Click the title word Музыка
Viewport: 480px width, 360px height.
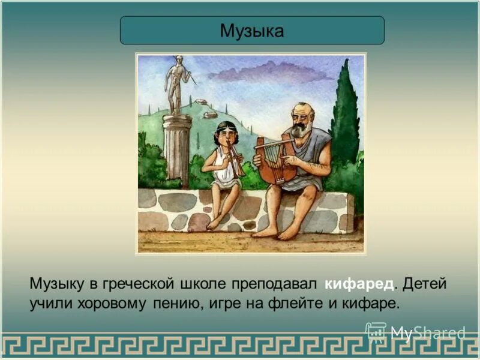[x=252, y=30]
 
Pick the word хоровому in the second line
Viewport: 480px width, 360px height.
[x=111, y=303]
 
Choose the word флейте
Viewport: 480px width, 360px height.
[x=298, y=303]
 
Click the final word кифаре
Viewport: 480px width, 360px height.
[x=370, y=303]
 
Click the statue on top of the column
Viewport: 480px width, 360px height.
[x=176, y=84]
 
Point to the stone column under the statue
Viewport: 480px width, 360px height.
[x=177, y=150]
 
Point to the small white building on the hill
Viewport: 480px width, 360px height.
[x=210, y=115]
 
